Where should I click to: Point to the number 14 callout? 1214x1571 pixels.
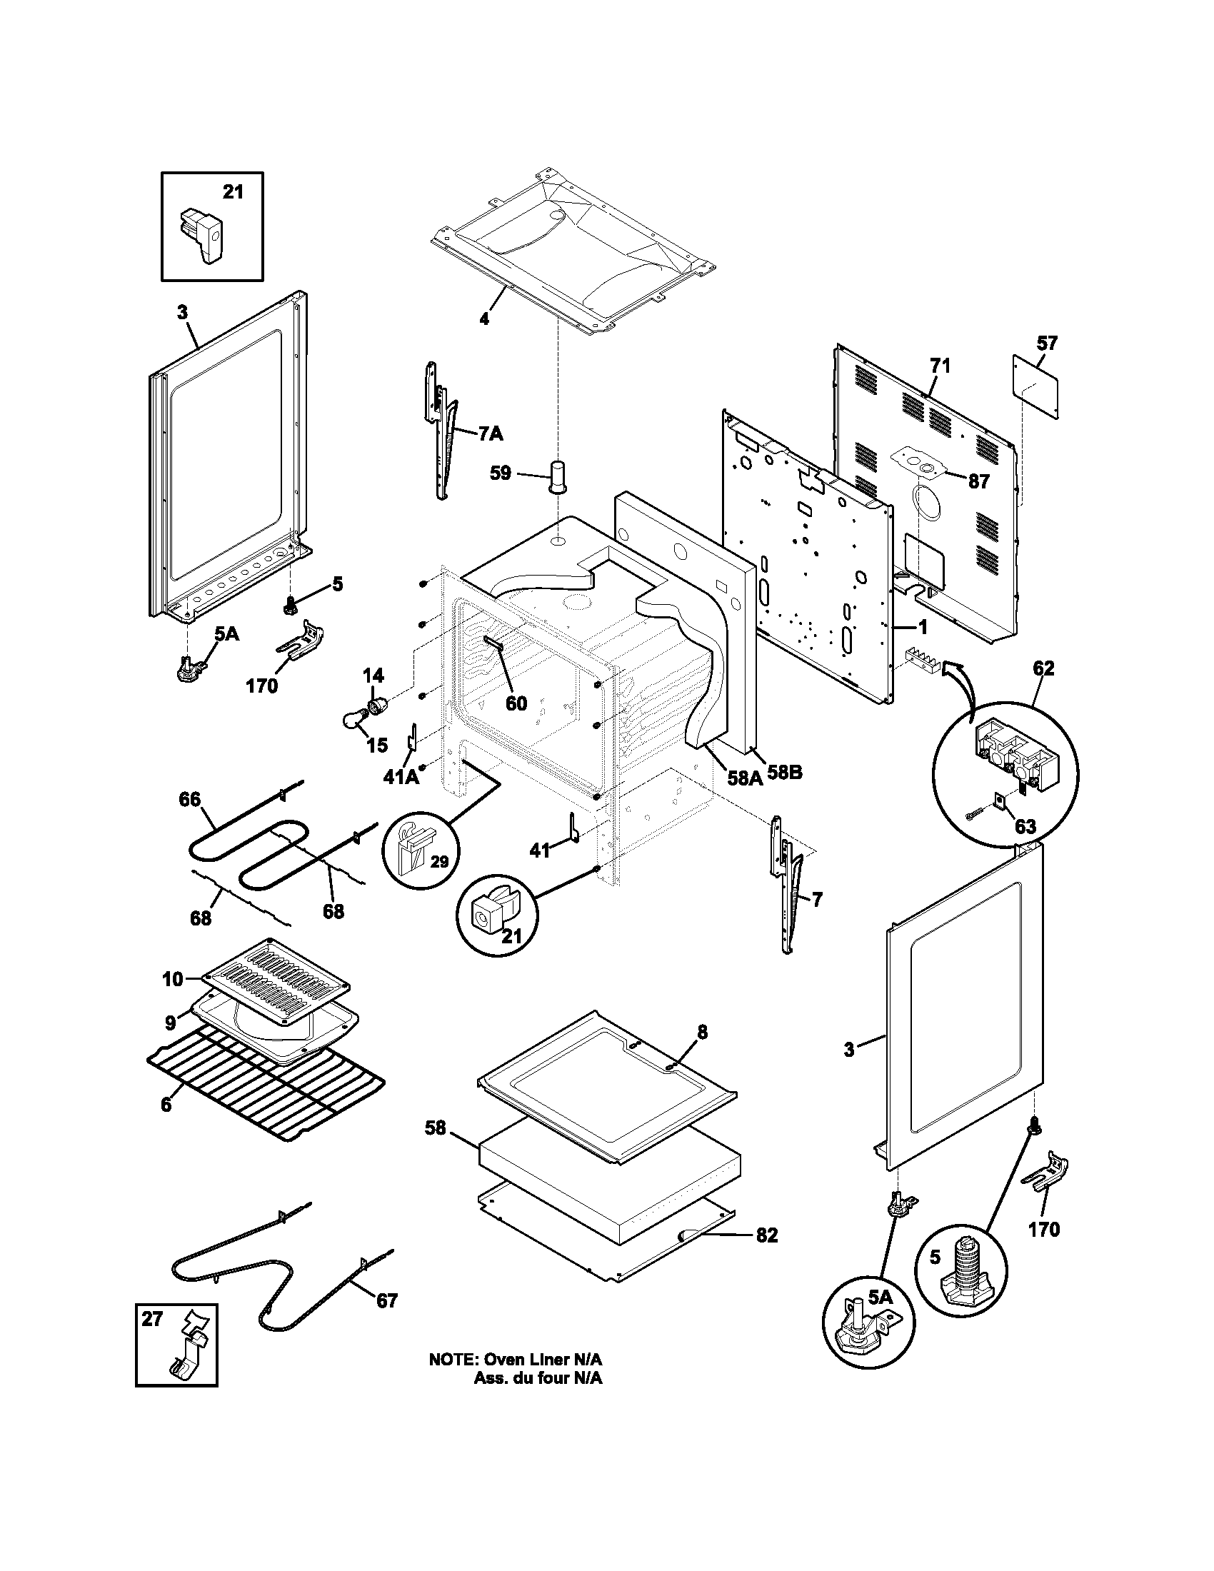pos(373,676)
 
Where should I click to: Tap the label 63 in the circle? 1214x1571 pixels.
pos(1025,825)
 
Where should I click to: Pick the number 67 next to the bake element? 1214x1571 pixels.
pos(387,1300)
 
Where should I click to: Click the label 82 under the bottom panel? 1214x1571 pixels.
pos(767,1235)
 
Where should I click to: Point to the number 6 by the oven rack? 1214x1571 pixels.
pos(166,1104)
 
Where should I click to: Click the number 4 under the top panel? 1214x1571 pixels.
pos(484,318)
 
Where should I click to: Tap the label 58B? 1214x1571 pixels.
pos(784,773)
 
